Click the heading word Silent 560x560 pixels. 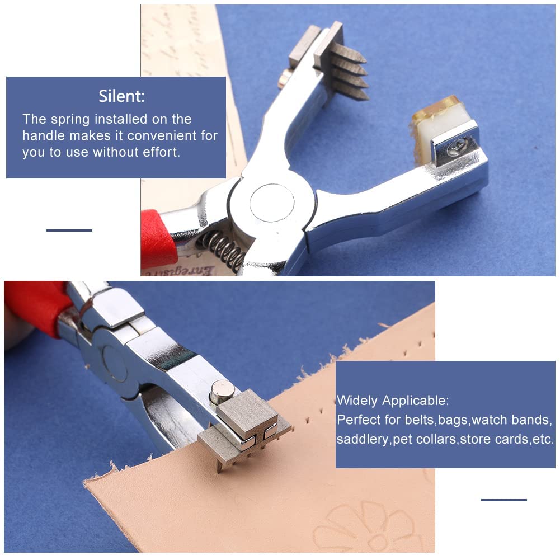pyautogui.click(x=121, y=96)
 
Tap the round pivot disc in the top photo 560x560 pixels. pyautogui.click(x=272, y=202)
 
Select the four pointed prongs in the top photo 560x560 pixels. pyautogui.click(x=350, y=73)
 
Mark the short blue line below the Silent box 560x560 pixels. pyautogui.click(x=69, y=230)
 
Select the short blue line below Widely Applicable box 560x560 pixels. pyautogui.click(x=503, y=500)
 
